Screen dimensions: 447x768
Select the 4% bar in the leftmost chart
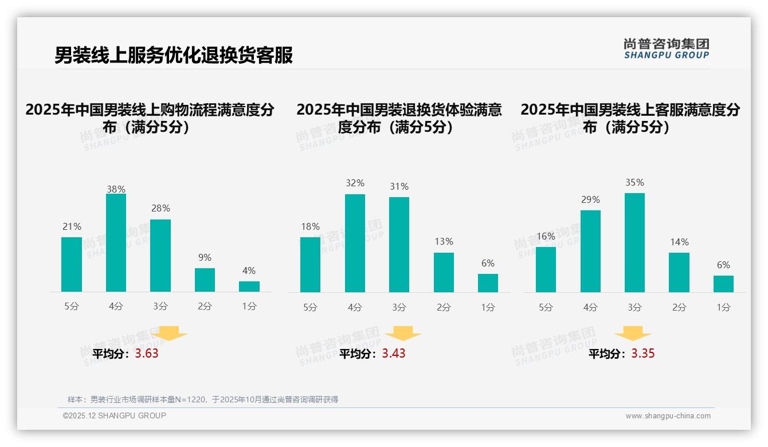click(x=249, y=286)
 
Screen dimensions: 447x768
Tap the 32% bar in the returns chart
click(x=355, y=243)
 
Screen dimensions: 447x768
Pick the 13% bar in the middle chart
click(x=444, y=272)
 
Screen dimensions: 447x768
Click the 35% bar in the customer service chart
click(x=634, y=242)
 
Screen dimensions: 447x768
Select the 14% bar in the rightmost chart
click(x=679, y=272)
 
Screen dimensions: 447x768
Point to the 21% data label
click(x=72, y=227)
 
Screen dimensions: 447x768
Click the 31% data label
click(x=399, y=187)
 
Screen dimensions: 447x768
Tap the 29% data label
click(x=590, y=200)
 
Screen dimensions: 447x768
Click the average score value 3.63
click(x=147, y=353)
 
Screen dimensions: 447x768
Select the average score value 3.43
click(x=394, y=353)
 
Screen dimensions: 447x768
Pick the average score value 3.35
click(x=643, y=353)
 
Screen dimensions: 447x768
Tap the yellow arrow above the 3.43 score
click(x=403, y=333)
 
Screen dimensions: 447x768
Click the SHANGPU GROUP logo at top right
click(x=666, y=49)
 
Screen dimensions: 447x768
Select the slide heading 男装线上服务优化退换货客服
click(x=174, y=55)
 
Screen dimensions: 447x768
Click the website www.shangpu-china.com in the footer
click(x=668, y=416)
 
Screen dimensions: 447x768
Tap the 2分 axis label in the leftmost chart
click(x=205, y=307)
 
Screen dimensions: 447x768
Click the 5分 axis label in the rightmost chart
click(x=546, y=308)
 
